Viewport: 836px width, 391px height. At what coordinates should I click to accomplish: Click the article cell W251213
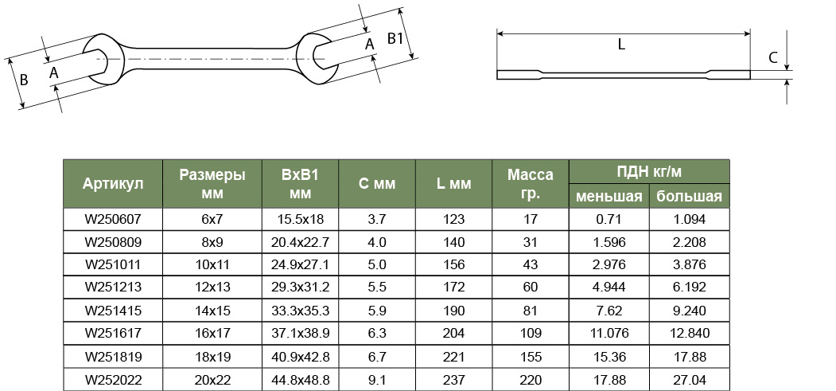click(113, 287)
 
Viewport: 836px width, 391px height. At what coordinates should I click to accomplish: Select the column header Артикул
click(113, 183)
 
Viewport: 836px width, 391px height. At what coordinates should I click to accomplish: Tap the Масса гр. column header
click(531, 183)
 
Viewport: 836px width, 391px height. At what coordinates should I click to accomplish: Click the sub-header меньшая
click(609, 197)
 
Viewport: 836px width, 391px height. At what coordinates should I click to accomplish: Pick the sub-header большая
click(689, 197)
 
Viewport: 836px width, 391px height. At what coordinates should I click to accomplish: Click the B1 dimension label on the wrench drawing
click(395, 38)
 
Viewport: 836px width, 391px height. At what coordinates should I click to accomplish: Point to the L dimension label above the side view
click(621, 45)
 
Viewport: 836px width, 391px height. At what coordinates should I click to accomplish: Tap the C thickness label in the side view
click(773, 57)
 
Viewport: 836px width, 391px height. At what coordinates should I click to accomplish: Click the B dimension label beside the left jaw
click(23, 80)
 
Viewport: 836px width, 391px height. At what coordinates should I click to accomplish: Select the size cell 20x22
click(212, 380)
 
